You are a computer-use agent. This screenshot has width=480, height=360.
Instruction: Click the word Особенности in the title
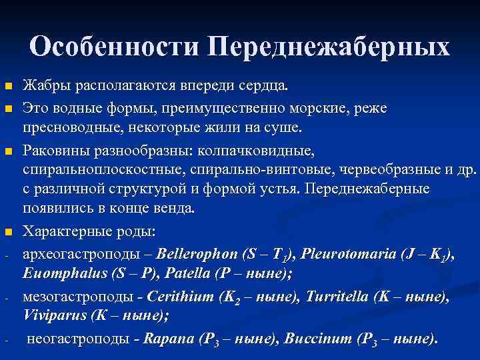point(115,46)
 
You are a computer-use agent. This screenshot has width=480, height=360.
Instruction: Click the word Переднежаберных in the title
point(329,46)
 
